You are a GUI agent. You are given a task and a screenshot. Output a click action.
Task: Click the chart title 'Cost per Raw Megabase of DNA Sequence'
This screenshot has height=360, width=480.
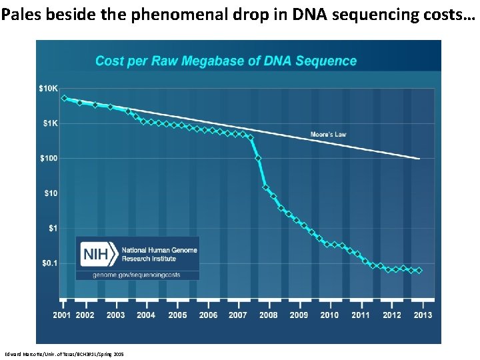(226, 61)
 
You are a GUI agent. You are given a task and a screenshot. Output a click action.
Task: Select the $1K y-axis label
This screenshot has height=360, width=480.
(49, 123)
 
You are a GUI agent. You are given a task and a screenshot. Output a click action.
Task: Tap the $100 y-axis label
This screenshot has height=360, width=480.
(49, 158)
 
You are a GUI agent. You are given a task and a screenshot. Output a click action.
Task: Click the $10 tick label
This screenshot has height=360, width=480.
(51, 193)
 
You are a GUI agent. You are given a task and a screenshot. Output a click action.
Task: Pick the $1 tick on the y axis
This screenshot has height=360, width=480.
(53, 228)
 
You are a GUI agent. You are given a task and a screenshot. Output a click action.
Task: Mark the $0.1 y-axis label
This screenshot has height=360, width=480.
(50, 263)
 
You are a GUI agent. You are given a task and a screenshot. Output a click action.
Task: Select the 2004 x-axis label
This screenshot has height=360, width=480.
(146, 315)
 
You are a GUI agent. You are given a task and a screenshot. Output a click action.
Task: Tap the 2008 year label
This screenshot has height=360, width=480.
(269, 315)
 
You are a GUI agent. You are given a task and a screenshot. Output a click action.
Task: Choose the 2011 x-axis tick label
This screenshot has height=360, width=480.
(361, 315)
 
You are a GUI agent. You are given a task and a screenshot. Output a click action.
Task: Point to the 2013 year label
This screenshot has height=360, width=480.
(423, 315)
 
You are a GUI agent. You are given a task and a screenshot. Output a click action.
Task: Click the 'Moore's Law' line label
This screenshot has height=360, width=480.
(328, 135)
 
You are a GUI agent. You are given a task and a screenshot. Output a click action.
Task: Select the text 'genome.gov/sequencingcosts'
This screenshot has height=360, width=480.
(137, 275)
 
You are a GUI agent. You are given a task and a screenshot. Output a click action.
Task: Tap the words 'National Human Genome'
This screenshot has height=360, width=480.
(159, 250)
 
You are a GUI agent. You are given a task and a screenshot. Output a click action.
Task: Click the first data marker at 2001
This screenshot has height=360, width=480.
(64, 98)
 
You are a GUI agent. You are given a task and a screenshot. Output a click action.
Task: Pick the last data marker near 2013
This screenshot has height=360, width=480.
(419, 271)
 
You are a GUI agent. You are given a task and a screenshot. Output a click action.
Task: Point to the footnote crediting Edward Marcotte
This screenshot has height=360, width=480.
(64, 353)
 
